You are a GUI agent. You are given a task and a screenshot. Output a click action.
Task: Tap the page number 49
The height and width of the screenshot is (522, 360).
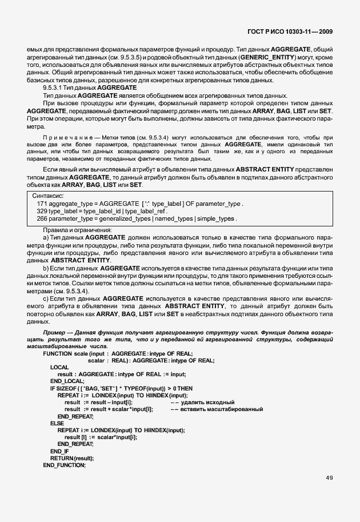(x=330, y=478)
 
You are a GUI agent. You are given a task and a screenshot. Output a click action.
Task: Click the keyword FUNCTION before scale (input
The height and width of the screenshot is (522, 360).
(x=58, y=353)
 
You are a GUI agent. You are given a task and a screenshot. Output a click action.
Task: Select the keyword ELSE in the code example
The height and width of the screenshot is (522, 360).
(x=57, y=423)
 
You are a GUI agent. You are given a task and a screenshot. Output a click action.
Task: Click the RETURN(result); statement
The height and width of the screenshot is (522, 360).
(x=71, y=458)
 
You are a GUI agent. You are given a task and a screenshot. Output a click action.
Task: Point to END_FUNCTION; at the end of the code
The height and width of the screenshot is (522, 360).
(x=64, y=465)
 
